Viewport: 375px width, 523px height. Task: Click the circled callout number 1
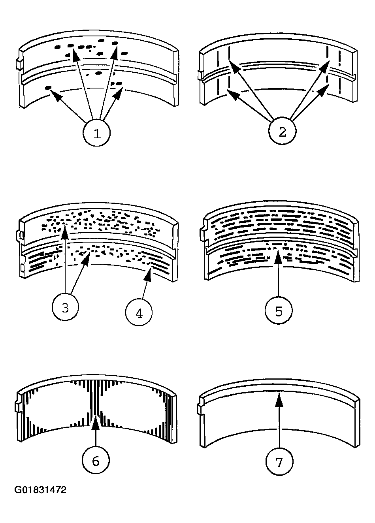96,133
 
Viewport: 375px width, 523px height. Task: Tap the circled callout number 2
282,132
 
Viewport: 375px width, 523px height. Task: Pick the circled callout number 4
139,312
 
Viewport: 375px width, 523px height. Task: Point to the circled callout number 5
279,310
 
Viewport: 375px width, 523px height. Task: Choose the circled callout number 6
96,460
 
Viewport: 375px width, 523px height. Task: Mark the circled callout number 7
279,461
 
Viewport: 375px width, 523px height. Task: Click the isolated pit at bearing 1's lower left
48,88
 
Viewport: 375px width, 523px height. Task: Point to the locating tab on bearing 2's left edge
200,75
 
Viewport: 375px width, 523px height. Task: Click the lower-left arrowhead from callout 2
233,95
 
